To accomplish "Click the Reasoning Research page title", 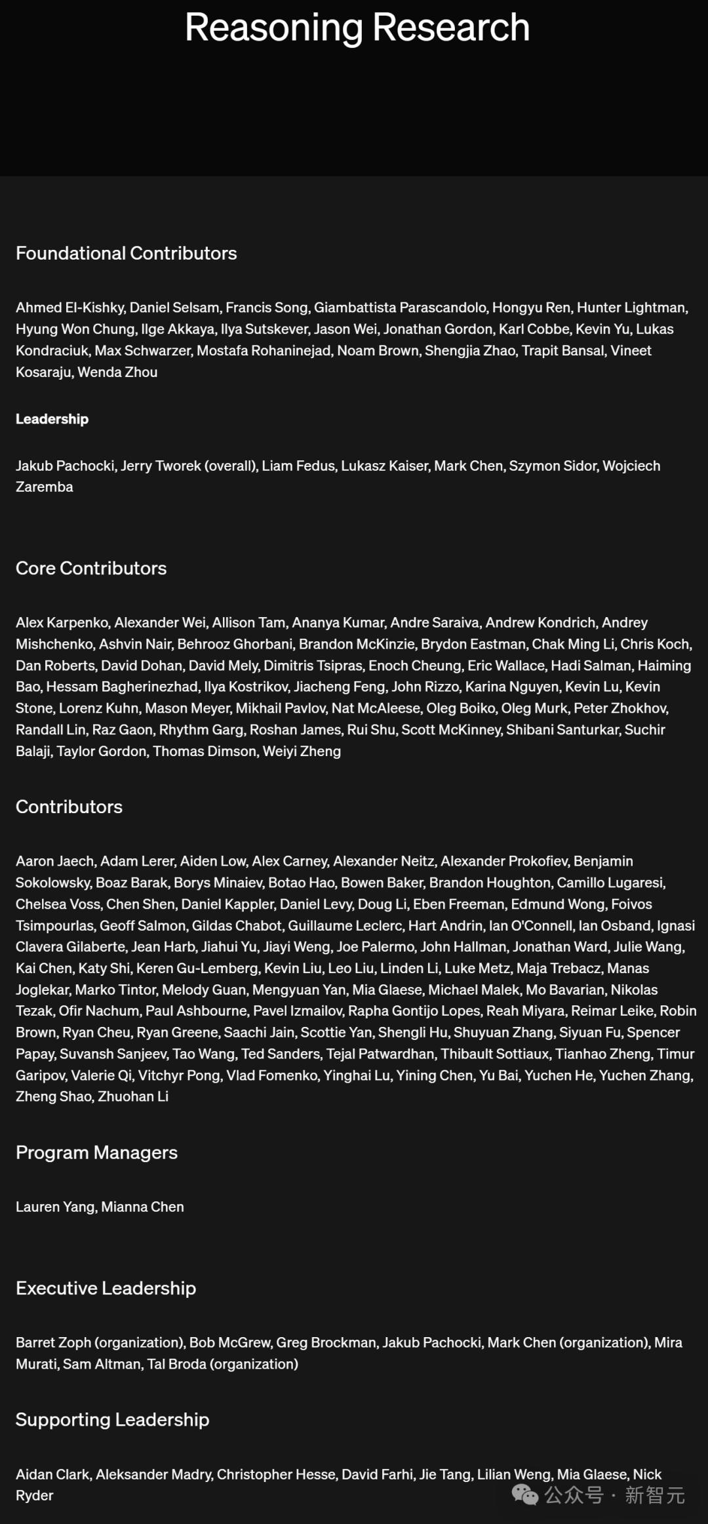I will tap(357, 28).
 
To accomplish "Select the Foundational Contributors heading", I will tap(127, 254).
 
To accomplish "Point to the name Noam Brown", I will tap(377, 351).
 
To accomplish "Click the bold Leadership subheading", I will tap(52, 419).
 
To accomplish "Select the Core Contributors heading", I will tap(91, 569).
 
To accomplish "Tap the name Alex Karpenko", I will tap(62, 623).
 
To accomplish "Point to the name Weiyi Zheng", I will tap(302, 752).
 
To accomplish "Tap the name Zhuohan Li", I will tap(133, 1097).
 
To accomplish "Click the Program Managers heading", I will tap(96, 1153).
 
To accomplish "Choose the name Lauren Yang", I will tap(55, 1207).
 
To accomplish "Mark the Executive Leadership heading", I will tap(106, 1289).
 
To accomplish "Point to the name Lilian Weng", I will tap(513, 1475).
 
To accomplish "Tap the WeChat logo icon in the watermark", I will tap(524, 1494).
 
